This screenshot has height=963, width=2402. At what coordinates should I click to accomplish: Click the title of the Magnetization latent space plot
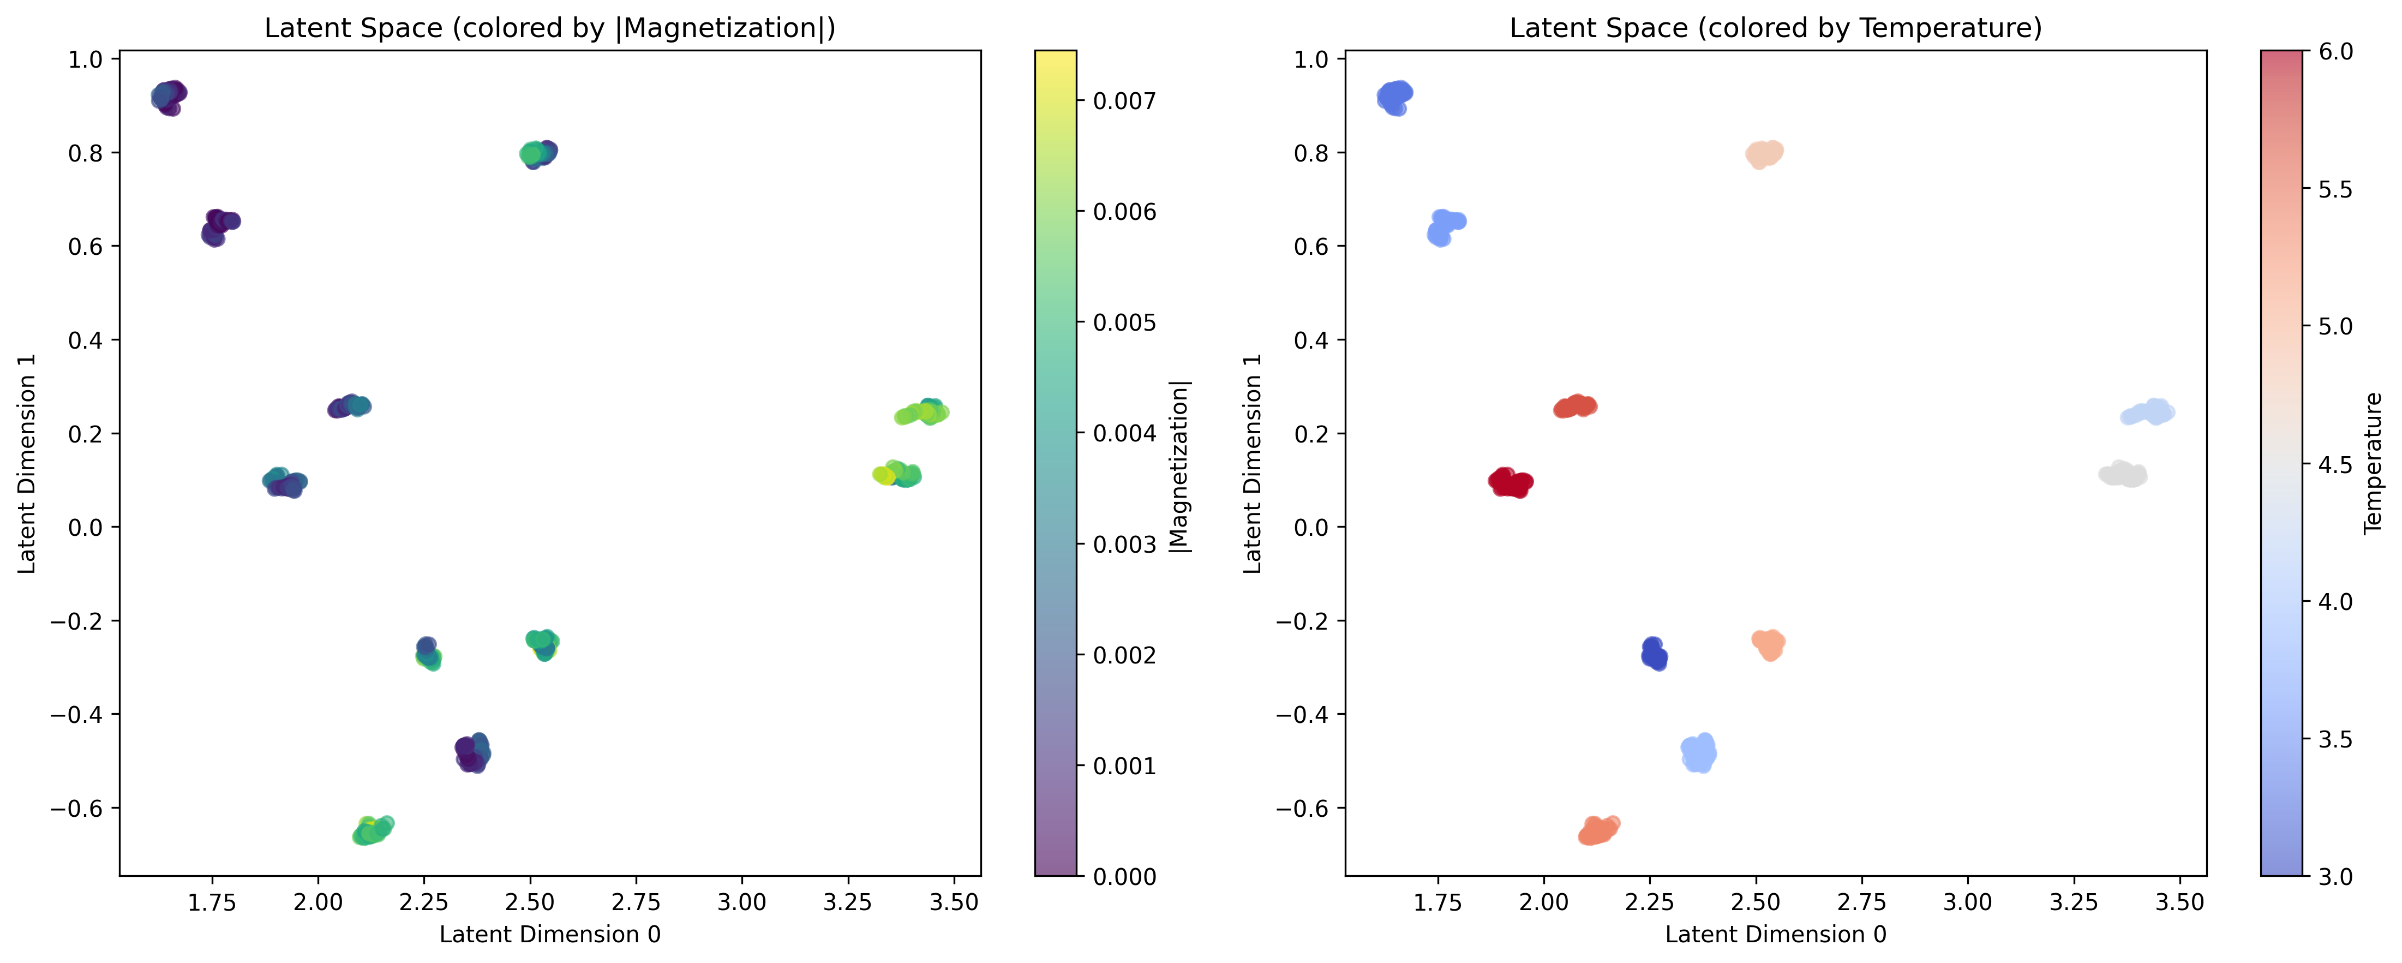[x=549, y=28]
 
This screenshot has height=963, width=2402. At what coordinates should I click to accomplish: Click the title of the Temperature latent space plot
[x=1775, y=28]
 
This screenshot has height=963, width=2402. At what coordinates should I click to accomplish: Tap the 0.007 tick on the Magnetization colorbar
[x=1124, y=101]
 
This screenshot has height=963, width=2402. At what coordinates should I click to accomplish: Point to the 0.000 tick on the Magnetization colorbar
[x=1124, y=876]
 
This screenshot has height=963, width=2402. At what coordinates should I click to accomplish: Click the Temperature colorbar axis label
[x=2373, y=463]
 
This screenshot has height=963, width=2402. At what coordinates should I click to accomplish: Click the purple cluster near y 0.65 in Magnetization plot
[x=219, y=226]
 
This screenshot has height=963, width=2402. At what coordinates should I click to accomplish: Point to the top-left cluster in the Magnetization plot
[x=168, y=96]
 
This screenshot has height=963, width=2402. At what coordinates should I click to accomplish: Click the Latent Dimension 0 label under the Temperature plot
[x=1775, y=934]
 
